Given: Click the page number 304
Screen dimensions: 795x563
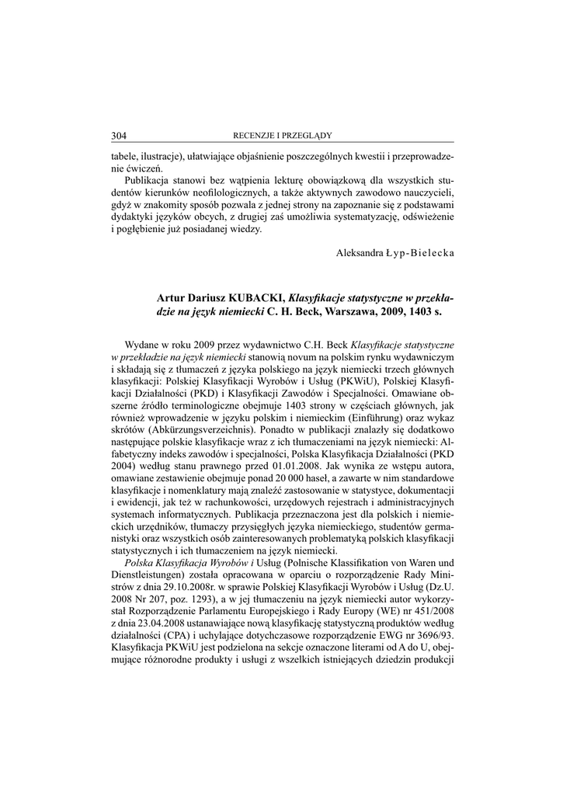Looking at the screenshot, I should click(x=119, y=136).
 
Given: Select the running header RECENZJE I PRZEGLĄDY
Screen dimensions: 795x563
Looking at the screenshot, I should click(x=282, y=136).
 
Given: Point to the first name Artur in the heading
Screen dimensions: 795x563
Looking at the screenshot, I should click(x=171, y=297).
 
